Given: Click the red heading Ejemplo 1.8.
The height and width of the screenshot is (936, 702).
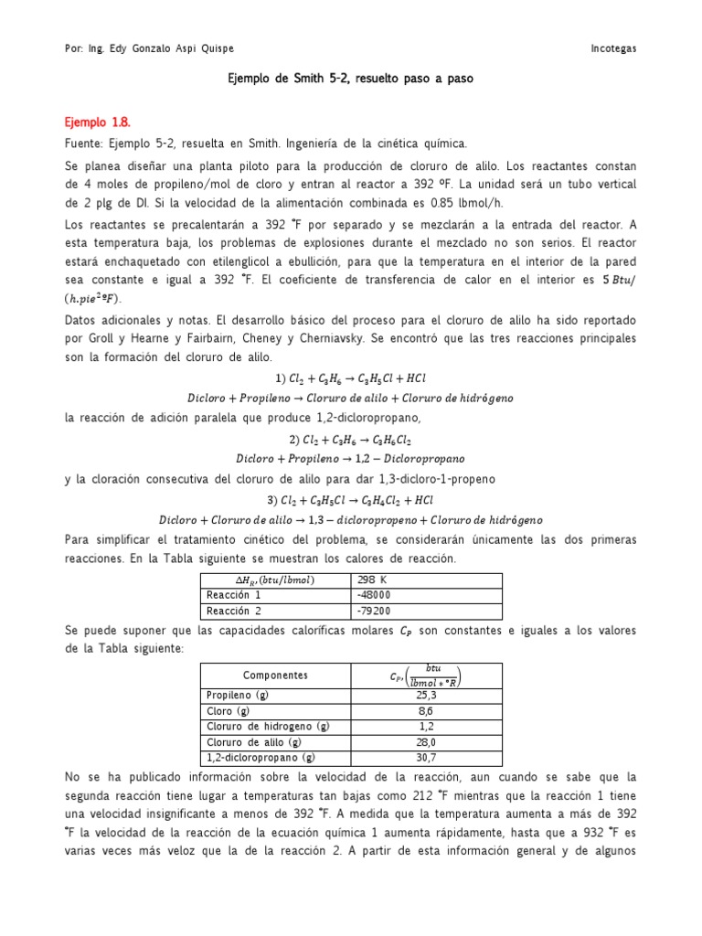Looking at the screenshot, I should (97, 121).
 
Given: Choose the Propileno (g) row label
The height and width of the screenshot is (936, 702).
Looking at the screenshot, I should (237, 695).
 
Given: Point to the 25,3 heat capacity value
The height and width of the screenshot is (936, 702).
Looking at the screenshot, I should (426, 695).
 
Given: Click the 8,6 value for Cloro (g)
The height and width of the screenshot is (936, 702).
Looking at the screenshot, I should (426, 710).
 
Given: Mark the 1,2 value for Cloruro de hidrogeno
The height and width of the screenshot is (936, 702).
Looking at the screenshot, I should (426, 726).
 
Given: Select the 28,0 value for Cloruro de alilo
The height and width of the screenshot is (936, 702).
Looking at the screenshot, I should (426, 741).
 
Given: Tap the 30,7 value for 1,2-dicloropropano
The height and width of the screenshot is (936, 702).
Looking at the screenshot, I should (426, 757).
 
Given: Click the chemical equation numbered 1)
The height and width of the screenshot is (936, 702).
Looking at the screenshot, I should (350, 378).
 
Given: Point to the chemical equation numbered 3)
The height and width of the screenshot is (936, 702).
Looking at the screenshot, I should (350, 500).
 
